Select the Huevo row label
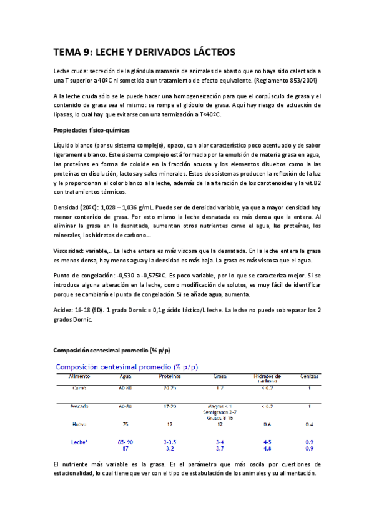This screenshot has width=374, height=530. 79,424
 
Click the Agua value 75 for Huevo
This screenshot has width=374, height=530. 125,424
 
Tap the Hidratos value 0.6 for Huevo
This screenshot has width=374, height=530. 267,424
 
